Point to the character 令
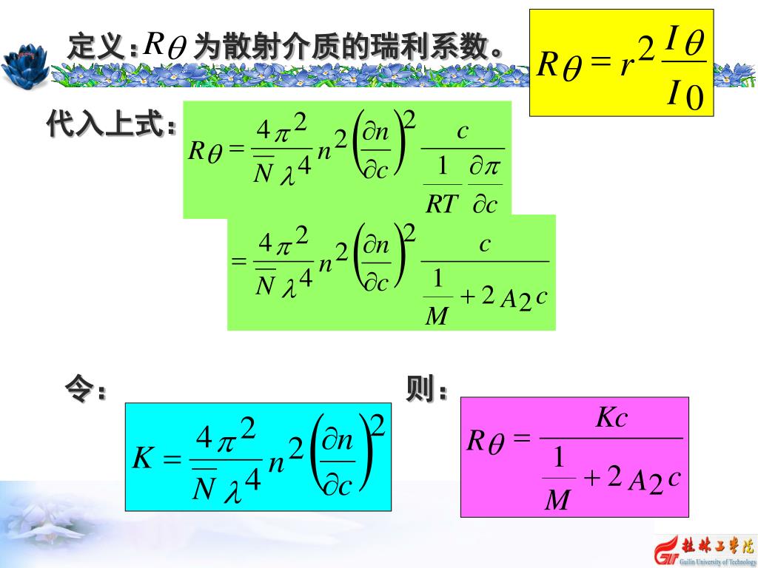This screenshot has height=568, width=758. pos(79,388)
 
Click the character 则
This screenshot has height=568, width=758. pos(418,388)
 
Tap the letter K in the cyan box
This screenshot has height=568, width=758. pos(141,459)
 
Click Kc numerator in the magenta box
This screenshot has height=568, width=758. pos(612,419)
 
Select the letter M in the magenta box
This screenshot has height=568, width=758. pos(557,502)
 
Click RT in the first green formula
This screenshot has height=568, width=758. pos(443,204)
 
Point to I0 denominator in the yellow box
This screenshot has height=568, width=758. pos(685,95)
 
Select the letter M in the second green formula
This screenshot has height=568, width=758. pos(437,317)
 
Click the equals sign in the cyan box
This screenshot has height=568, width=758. pos(172,460)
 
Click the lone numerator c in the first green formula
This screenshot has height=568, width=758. pos(463,132)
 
